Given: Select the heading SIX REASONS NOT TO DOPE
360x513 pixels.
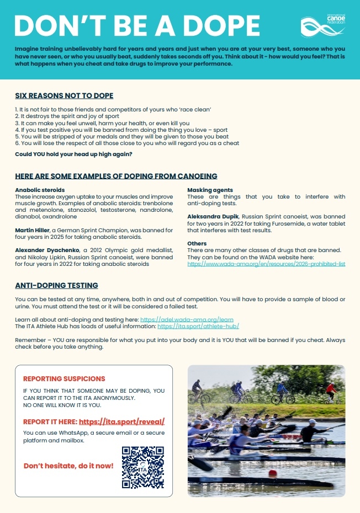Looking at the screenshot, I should [x=64, y=96].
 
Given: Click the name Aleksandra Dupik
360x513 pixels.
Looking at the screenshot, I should [x=213, y=216].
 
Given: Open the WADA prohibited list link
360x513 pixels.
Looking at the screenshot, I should [x=266, y=264].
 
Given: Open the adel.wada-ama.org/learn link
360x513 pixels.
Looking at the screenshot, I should [x=187, y=319].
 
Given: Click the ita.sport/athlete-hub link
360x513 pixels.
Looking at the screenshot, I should [x=198, y=327].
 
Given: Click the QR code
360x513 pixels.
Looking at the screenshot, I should [x=143, y=467].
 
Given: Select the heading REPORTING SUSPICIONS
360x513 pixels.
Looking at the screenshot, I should [x=64, y=379].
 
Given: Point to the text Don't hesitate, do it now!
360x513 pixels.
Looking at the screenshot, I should [x=68, y=466].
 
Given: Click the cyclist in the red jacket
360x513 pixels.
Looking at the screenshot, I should [x=330, y=392].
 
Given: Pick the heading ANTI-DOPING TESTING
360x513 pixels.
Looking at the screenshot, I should [x=57, y=285].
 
